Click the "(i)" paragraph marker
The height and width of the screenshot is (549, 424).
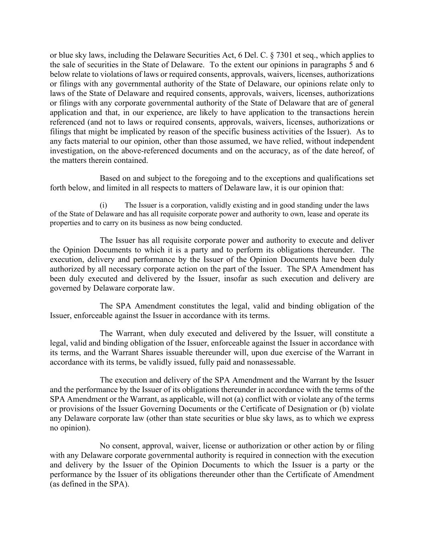point(103,205)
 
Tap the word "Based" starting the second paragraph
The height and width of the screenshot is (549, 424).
point(110,178)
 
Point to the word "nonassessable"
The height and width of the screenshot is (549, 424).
point(271,362)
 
